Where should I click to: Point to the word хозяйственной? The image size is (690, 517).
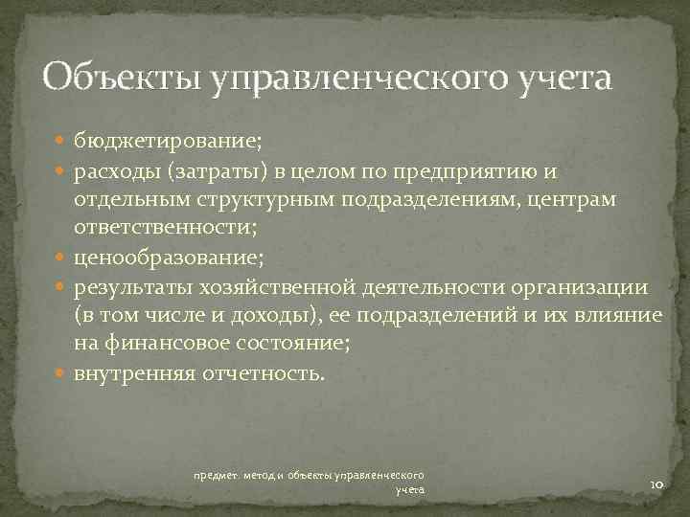(x=277, y=286)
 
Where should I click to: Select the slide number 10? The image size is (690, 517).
(x=656, y=486)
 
